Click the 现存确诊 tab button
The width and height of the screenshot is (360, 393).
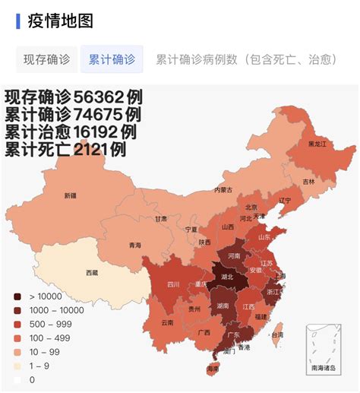point(46,59)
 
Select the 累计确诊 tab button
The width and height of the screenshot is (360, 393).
point(112,59)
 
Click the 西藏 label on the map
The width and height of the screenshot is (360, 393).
point(92,272)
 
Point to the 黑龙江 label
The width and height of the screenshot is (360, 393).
point(317,144)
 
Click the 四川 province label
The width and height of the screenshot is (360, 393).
point(173,285)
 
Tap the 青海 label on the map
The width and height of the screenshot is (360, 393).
point(135,245)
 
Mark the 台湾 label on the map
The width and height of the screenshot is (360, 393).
point(277,334)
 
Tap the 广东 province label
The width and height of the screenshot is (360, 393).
point(229,335)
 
